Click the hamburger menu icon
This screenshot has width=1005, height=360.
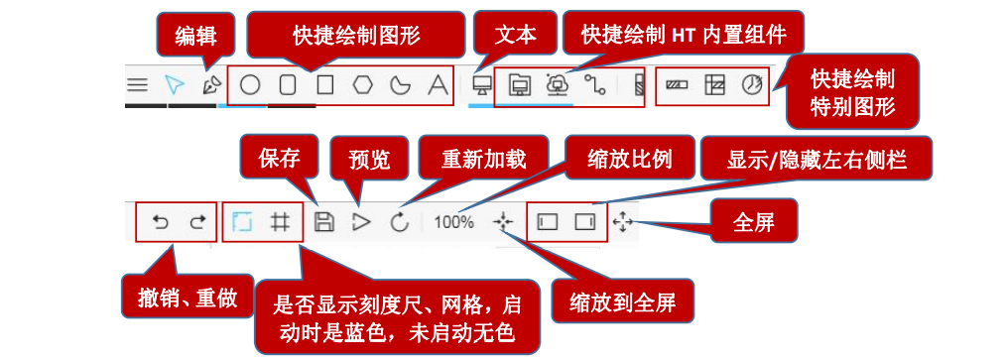point(138,85)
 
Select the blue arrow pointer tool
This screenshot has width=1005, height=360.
point(175,85)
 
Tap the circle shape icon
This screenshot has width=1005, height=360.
point(250,85)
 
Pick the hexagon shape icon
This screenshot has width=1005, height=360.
point(362,85)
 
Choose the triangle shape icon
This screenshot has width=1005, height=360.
point(437,85)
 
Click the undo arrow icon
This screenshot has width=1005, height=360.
point(161,222)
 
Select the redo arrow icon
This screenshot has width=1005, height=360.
point(197,222)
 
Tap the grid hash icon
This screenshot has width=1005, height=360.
point(281,222)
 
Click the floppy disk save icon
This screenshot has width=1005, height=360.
point(323,222)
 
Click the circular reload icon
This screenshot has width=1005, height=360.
point(399,222)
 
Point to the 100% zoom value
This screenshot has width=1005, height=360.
point(453,222)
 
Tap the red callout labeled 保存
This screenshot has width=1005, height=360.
point(279,157)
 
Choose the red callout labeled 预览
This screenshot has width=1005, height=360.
point(367,159)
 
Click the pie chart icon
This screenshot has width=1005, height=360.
point(754,85)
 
